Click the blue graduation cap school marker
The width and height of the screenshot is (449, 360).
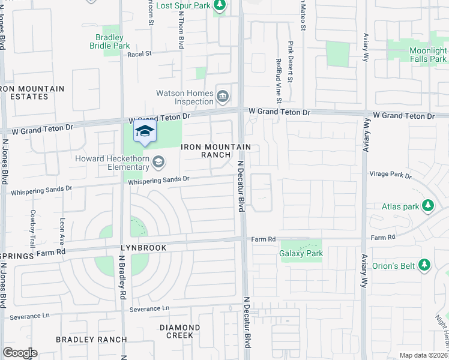tap(144, 131)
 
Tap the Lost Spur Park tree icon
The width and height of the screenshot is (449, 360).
tap(220, 5)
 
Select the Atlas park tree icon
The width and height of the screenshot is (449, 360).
tap(428, 207)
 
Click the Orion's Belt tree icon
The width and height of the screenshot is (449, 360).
tap(424, 264)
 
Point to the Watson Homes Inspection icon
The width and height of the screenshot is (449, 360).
tap(223, 95)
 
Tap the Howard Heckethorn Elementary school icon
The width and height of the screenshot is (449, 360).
tap(158, 161)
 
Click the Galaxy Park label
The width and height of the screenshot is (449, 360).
tap(301, 253)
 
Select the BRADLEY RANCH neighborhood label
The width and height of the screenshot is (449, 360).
tap(91, 340)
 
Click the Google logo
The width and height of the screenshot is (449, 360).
tap(20, 353)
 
